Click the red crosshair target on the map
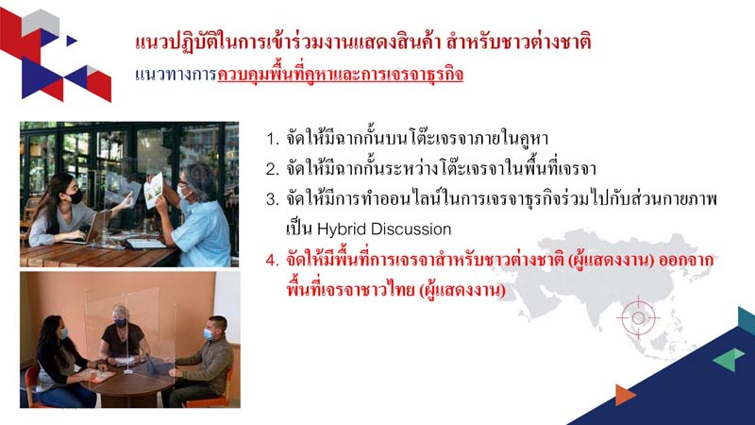(x=639, y=317)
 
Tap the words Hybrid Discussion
(x=384, y=229)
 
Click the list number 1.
(x=272, y=140)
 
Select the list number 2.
(x=273, y=170)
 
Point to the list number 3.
(x=273, y=199)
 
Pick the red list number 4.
(x=273, y=261)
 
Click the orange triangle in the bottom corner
(x=625, y=395)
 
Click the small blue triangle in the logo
(x=72, y=41)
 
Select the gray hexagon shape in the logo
(x=41, y=23)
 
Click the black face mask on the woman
(x=75, y=196)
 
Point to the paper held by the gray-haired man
(x=154, y=190)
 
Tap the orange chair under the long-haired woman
(x=33, y=385)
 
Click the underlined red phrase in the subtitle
(x=341, y=75)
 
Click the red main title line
(x=363, y=42)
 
